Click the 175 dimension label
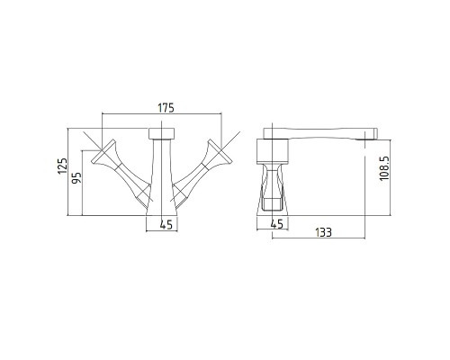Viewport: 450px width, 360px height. click(x=166, y=108)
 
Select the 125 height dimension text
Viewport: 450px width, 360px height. click(x=63, y=166)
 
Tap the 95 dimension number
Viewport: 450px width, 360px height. click(x=76, y=178)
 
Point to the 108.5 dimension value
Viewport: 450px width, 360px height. click(x=384, y=168)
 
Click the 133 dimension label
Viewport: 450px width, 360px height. click(x=323, y=232)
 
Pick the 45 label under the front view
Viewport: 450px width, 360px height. click(x=166, y=225)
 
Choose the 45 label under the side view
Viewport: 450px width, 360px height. click(x=277, y=224)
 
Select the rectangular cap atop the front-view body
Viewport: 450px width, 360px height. click(x=161, y=133)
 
